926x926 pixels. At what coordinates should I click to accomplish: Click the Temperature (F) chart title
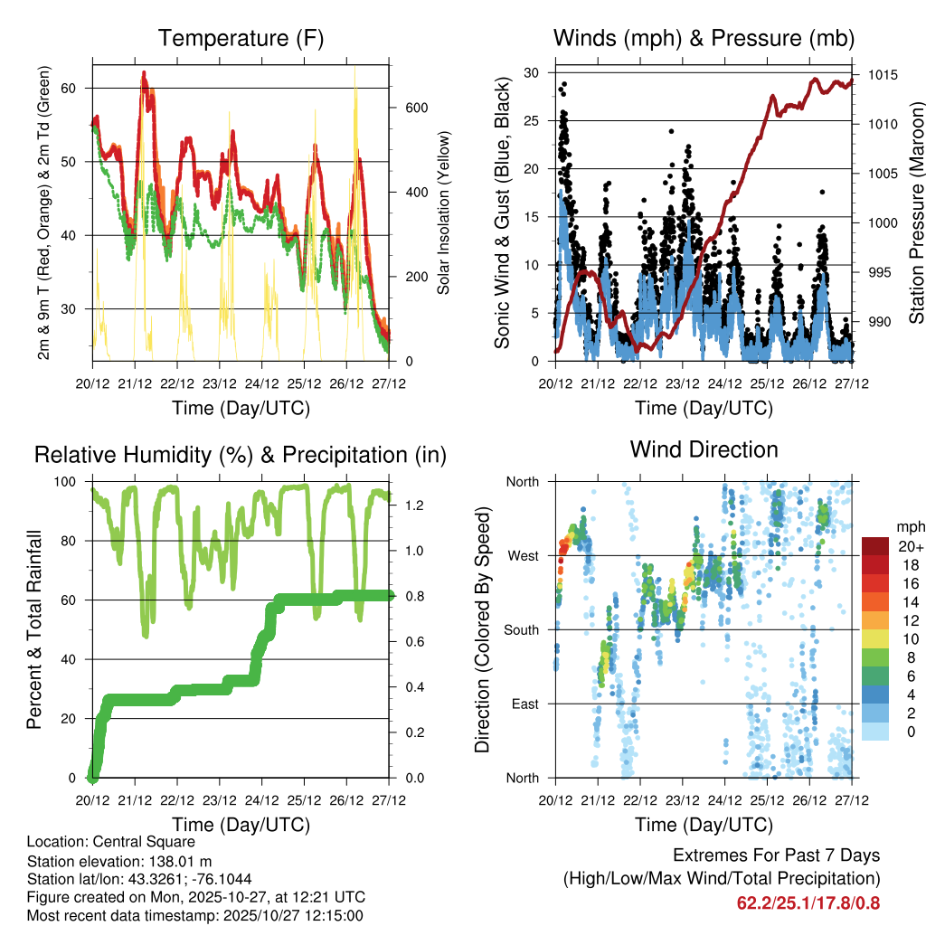click(241, 38)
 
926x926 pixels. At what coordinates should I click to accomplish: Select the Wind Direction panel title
click(704, 449)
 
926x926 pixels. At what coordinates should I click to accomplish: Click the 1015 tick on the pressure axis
click(882, 75)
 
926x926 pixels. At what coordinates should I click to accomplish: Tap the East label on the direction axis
click(522, 704)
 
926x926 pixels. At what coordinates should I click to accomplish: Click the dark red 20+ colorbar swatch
click(876, 546)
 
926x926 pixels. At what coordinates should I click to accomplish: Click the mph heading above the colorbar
click(908, 526)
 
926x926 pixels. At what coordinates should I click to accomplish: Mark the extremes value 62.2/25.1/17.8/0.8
click(808, 902)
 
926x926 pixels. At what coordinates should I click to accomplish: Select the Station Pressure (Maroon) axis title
click(916, 213)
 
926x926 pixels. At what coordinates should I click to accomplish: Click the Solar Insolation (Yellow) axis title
click(443, 213)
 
